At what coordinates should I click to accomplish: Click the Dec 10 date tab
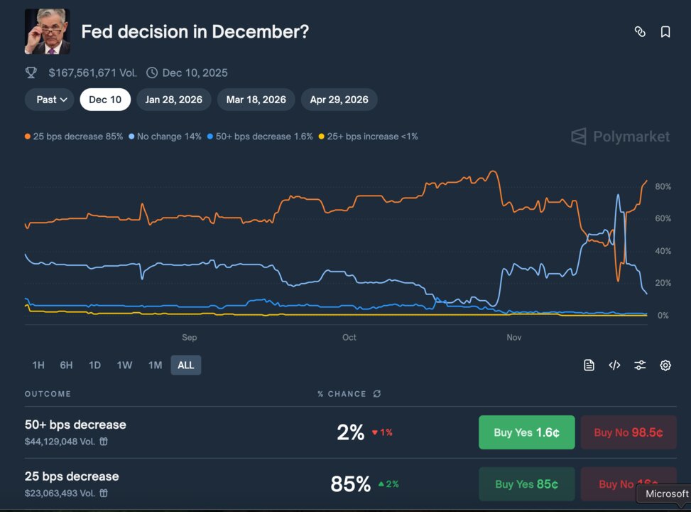[105, 100]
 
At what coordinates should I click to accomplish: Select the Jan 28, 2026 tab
[173, 100]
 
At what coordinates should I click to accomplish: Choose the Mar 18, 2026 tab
[256, 100]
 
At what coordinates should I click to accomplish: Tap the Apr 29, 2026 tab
[339, 100]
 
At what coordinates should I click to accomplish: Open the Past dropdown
[52, 100]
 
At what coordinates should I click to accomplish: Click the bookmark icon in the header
[665, 32]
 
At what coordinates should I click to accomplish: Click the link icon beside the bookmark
[640, 32]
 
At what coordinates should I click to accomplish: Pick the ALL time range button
[185, 365]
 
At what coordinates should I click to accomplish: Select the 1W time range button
[124, 365]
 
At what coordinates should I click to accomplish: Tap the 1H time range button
[38, 365]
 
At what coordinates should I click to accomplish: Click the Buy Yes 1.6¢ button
[526, 432]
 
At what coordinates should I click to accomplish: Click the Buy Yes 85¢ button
[526, 484]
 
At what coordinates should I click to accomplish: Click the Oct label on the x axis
[349, 337]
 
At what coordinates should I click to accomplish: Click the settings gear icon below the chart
[665, 365]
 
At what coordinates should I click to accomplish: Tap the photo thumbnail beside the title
[47, 32]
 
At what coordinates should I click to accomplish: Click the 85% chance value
[350, 484]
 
